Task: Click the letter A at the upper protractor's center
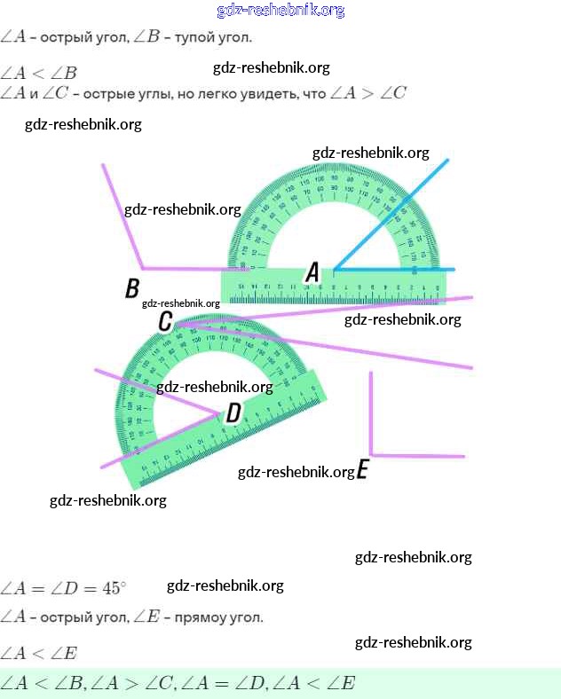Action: pos(312,272)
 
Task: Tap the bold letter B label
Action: pos(132,288)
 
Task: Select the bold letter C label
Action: pos(165,321)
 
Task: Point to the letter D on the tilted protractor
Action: pos(233,412)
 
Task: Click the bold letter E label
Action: pos(362,470)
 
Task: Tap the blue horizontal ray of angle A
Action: pos(399,268)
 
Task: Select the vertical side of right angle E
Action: pos(371,412)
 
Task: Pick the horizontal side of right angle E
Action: pos(417,455)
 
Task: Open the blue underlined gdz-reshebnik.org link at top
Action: pos(280,11)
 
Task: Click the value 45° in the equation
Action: pos(114,588)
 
